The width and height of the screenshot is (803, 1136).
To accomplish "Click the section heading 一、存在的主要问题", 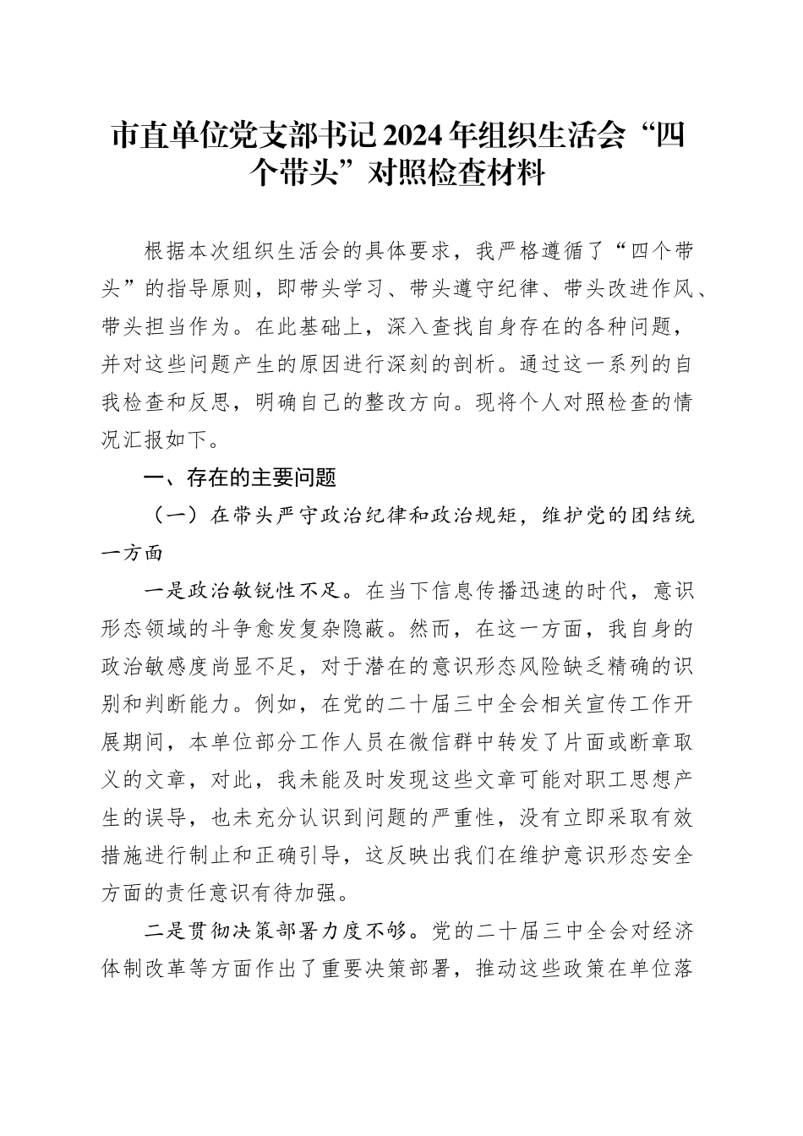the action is pos(241,478).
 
